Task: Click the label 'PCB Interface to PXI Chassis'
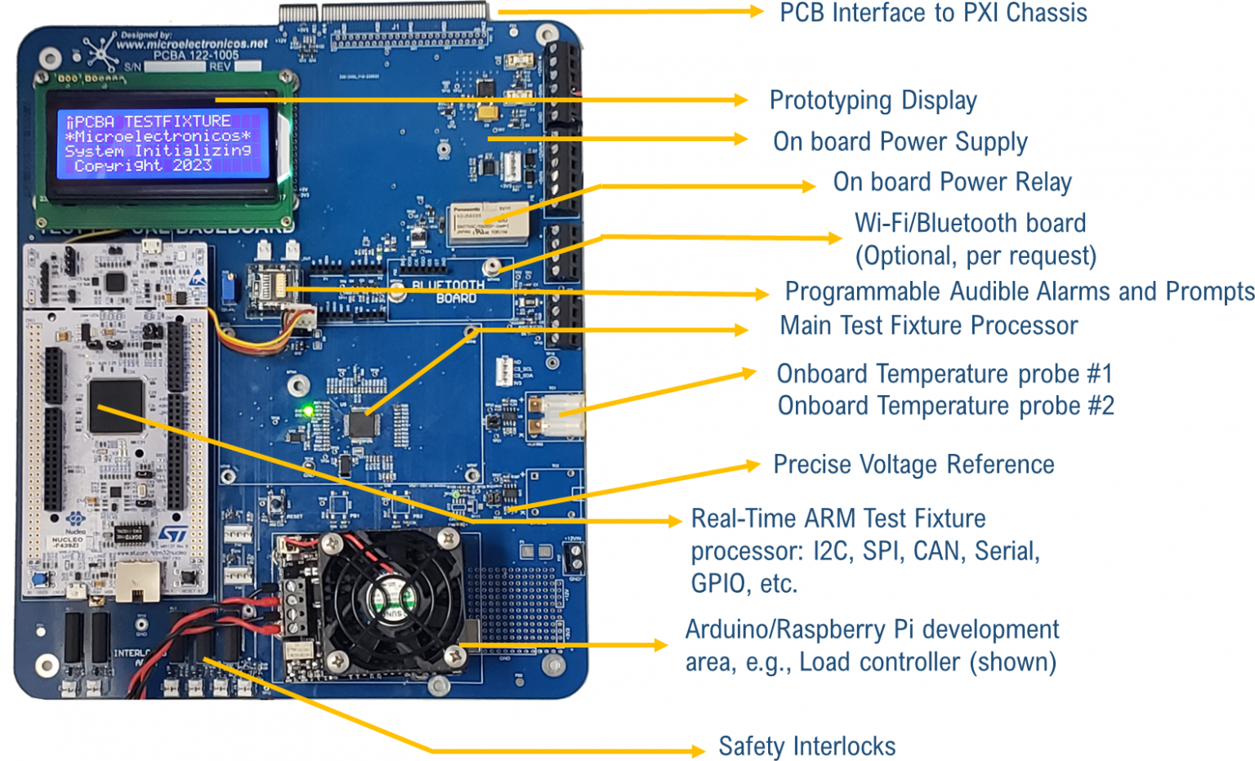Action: click(x=932, y=13)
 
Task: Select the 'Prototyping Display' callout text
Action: click(x=873, y=100)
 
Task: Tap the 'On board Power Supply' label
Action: click(x=900, y=142)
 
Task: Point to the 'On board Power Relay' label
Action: click(x=952, y=182)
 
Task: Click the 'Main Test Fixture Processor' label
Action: click(x=928, y=326)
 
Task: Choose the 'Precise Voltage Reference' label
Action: click(x=913, y=465)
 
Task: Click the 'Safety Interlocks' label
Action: click(x=806, y=746)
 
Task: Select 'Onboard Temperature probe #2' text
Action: click(x=945, y=406)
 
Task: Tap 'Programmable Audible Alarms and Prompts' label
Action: click(x=1019, y=291)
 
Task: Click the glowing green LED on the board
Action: click(x=308, y=409)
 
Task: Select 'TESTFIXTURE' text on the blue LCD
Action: click(x=177, y=121)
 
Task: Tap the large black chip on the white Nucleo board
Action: click(x=116, y=406)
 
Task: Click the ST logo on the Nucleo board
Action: click(x=172, y=535)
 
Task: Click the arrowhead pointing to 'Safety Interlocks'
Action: click(x=698, y=750)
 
